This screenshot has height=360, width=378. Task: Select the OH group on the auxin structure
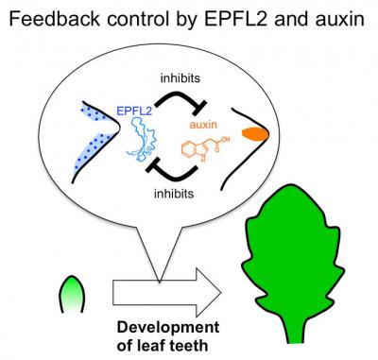[x=232, y=140]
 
